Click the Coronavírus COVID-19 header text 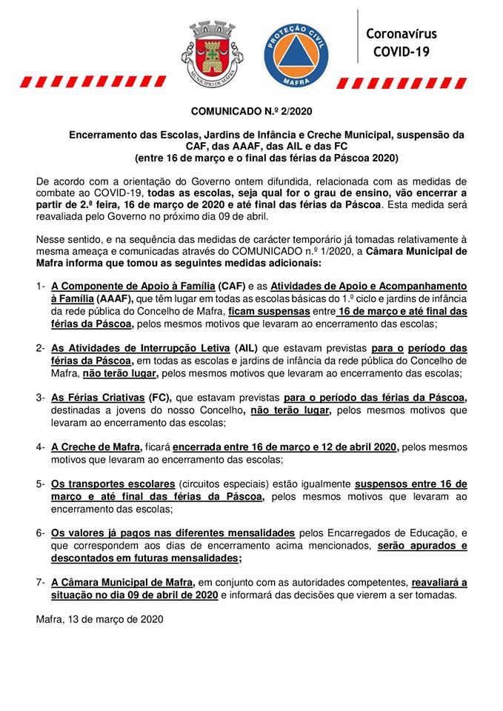coord(401,43)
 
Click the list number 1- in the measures coord(41,285)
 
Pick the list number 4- coord(41,447)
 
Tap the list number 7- coord(41,583)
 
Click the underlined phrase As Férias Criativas coord(98,398)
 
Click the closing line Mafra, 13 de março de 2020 coord(99,618)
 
